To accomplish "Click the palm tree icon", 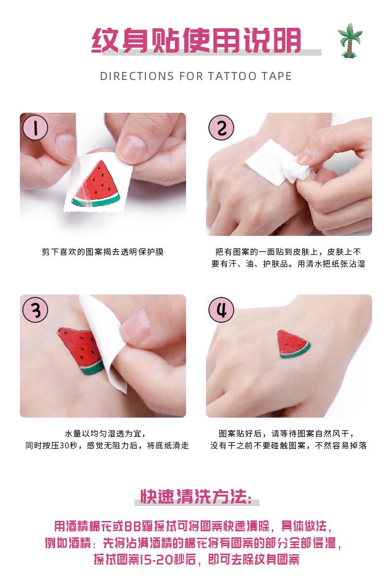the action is pos(350,41).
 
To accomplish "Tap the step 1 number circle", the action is pos(35,128).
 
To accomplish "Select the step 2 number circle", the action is pos(221,128).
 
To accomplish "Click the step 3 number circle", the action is pos(35,310).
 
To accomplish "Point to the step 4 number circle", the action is pos(221,310).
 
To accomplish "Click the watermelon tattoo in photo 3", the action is pos(80,350).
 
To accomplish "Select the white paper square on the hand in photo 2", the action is pos(271,162).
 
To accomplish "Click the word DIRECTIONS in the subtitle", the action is pos(137,76).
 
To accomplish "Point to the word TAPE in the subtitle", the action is pos(277,76).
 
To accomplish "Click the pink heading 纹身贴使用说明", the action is pos(196,40).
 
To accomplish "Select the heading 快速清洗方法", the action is pos(196,496).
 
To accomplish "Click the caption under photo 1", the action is pos(102,252).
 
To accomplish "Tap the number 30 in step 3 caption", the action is pos(64,445).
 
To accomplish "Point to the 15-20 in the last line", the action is pos(158,560).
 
